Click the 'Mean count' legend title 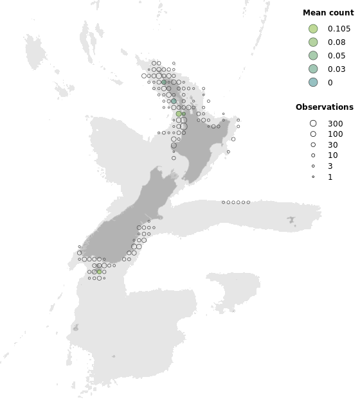point(328,12)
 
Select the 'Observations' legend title point(324,107)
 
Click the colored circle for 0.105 point(313,29)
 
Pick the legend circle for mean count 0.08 point(313,42)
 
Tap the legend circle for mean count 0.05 point(313,55)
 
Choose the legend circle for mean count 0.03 point(313,69)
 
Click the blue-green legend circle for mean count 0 point(313,82)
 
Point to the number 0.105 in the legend point(339,29)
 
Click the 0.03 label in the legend point(336,69)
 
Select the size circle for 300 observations point(313,123)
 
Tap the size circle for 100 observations point(313,134)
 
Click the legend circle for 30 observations point(313,144)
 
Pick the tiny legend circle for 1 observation point(313,177)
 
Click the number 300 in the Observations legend point(335,123)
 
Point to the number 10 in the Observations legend point(332,155)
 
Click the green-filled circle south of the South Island point(99,272)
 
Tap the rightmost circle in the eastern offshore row point(248,202)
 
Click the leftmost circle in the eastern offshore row point(223,202)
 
